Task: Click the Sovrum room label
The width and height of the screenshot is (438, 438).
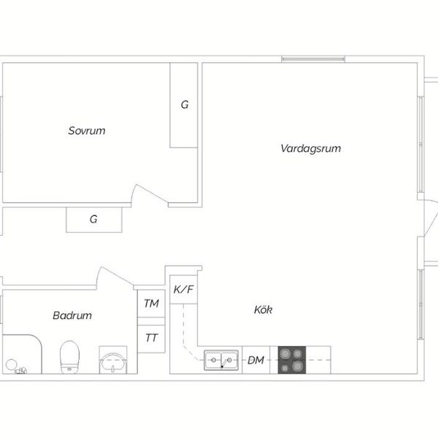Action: pyautogui.click(x=87, y=131)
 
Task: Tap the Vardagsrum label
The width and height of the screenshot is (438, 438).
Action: pyautogui.click(x=311, y=148)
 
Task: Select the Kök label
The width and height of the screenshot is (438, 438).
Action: pyautogui.click(x=263, y=310)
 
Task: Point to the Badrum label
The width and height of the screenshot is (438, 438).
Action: pyautogui.click(x=72, y=315)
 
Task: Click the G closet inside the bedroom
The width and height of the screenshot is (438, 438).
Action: pyautogui.click(x=184, y=105)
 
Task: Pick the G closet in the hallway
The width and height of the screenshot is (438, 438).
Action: pyautogui.click(x=94, y=220)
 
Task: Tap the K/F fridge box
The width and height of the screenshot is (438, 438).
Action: pyautogui.click(x=183, y=289)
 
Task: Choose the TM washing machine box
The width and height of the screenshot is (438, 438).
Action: pyautogui.click(x=151, y=304)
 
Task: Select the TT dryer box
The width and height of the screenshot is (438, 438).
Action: pyautogui.click(x=151, y=338)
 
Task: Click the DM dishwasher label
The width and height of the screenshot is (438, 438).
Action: pyautogui.click(x=256, y=360)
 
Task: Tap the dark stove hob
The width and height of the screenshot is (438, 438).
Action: pyautogui.click(x=292, y=360)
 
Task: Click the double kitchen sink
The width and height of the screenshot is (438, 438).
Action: pyautogui.click(x=221, y=360)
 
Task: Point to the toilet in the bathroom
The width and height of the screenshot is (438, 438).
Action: pyautogui.click(x=69, y=357)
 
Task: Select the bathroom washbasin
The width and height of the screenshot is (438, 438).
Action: pyautogui.click(x=113, y=363)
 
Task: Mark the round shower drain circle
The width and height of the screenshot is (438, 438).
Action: pyautogui.click(x=11, y=365)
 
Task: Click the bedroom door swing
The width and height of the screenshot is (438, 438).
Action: pyautogui.click(x=150, y=193)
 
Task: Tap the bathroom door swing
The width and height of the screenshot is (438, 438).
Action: pyautogui.click(x=115, y=276)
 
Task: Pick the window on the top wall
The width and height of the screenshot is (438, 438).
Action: pyautogui.click(x=313, y=59)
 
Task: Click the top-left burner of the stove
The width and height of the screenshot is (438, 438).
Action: pyautogui.click(x=285, y=354)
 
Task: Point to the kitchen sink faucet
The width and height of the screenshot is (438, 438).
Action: pyautogui.click(x=223, y=364)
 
